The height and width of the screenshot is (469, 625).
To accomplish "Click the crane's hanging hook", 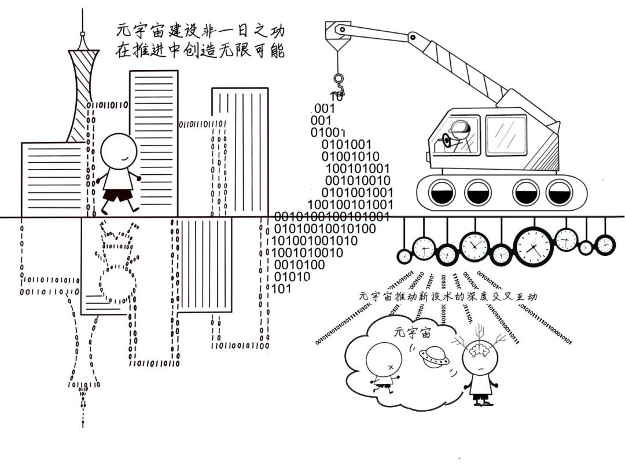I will coord(338,81).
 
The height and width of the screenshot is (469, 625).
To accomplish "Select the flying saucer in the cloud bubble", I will coord(434,356).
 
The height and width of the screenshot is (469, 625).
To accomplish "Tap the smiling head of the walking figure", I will coord(119,151).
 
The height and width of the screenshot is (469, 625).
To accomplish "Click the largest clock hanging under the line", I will coord(534,246).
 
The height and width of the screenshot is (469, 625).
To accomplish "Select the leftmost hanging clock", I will coord(404,255).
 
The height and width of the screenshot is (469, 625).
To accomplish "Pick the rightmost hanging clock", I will coord(605,244).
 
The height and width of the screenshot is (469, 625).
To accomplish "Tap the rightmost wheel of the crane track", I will coord(559,192).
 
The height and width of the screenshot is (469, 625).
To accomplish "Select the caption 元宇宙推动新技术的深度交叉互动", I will coord(448,296).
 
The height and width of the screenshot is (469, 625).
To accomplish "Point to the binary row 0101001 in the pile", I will coord(347,144).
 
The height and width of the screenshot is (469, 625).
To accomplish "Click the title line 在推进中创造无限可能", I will coord(200,50).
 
